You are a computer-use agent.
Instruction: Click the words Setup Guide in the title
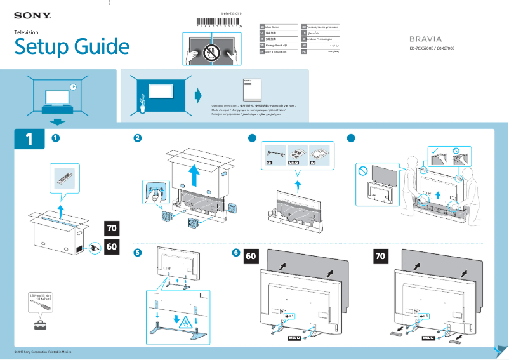[72, 46]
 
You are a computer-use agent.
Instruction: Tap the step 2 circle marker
[138, 138]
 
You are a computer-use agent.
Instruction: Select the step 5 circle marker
[138, 253]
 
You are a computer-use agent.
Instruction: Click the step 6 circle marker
[236, 253]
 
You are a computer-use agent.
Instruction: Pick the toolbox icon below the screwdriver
[41, 325]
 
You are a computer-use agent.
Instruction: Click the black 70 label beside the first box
[112, 228]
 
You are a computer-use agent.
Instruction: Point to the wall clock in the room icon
[73, 86]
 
